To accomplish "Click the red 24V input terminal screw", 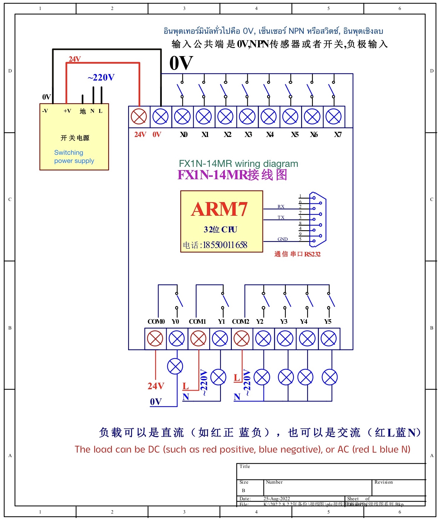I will click(x=139, y=117).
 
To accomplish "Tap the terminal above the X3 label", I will click(x=247, y=117).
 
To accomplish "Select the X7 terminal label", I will click(x=338, y=135).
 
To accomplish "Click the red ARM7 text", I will click(x=219, y=209).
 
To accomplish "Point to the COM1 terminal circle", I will click(x=198, y=339).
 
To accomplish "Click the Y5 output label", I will click(x=328, y=322).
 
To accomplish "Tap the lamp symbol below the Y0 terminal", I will click(x=175, y=367).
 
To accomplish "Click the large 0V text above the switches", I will click(x=181, y=63).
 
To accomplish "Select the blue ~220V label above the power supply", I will click(x=101, y=78).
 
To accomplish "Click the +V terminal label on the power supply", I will click(x=67, y=111).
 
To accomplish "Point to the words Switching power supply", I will click(x=74, y=157).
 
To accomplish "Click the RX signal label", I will click(x=281, y=207).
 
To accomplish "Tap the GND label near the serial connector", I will click(x=282, y=239).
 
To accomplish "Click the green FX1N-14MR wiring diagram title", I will click(x=238, y=164).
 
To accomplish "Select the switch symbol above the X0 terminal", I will click(x=181, y=90).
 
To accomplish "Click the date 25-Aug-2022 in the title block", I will click(x=276, y=499).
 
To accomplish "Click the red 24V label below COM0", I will click(x=156, y=386).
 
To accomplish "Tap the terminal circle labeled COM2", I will click(x=242, y=339).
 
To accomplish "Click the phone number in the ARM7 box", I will click(x=225, y=245).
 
